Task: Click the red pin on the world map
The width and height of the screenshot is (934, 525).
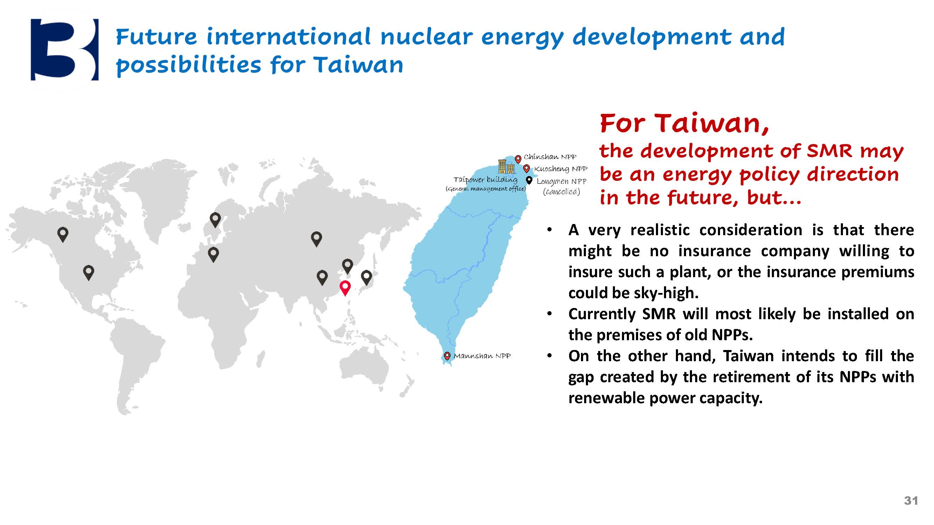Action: pyautogui.click(x=345, y=288)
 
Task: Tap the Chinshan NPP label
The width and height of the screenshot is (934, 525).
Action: pyautogui.click(x=550, y=157)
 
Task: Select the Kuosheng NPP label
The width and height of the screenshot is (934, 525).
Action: pyautogui.click(x=561, y=169)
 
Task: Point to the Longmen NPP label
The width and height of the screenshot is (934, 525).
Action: pyautogui.click(x=561, y=182)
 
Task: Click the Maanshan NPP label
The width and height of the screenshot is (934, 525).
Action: pyautogui.click(x=482, y=356)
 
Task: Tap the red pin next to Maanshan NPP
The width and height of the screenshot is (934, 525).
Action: pyautogui.click(x=447, y=356)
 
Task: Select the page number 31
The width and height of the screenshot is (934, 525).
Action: pyautogui.click(x=911, y=501)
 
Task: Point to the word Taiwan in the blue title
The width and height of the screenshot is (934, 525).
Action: pyautogui.click(x=358, y=65)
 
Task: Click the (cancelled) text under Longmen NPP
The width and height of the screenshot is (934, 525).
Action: pyautogui.click(x=561, y=192)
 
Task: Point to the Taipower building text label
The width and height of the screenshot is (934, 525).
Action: pyautogui.click(x=485, y=180)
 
